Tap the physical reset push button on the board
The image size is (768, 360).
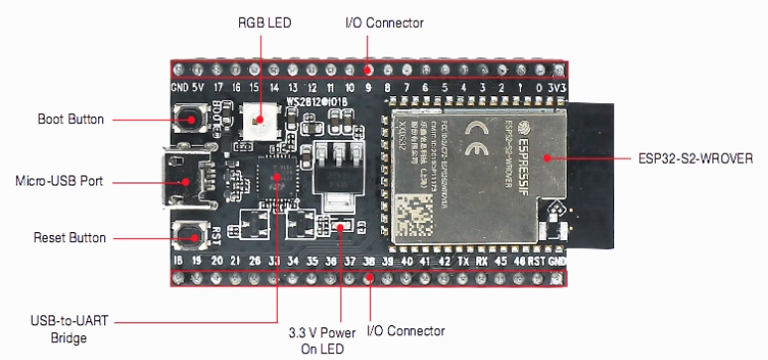pyautogui.click(x=187, y=236)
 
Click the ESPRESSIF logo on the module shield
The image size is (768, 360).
pyautogui.click(x=520, y=150)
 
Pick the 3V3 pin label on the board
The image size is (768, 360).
pyautogui.click(x=559, y=87)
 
